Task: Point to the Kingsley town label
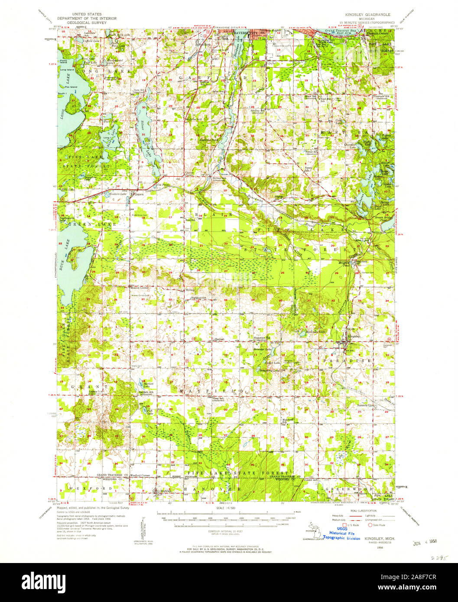click(353, 337)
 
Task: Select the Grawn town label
click(139, 194)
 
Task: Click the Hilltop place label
click(191, 290)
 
